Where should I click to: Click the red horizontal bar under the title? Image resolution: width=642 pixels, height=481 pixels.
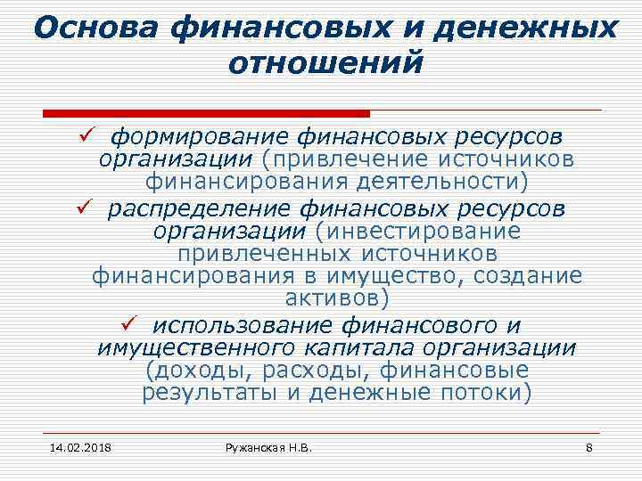click(x=206, y=114)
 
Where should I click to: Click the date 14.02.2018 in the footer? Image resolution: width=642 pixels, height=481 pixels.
click(x=75, y=446)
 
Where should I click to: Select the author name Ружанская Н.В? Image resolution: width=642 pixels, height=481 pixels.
click(x=268, y=446)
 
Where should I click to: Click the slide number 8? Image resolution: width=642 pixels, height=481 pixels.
click(x=589, y=446)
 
